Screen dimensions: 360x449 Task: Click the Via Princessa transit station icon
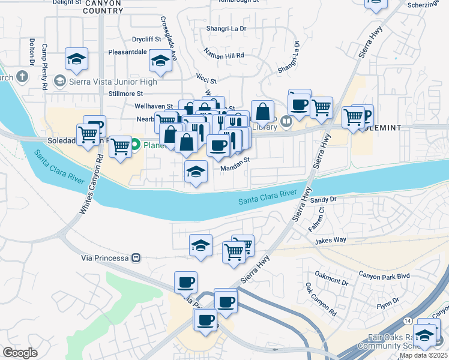click(136, 257)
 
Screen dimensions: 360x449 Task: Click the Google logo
click(20, 353)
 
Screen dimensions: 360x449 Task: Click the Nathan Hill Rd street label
click(223, 55)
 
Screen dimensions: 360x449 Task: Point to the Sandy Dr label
click(324, 199)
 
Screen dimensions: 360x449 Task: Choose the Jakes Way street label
click(331, 240)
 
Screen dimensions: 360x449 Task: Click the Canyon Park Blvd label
click(384, 275)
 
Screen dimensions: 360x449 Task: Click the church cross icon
click(22, 76)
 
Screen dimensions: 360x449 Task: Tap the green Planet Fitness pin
click(136, 144)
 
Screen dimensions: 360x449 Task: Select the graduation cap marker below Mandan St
click(196, 172)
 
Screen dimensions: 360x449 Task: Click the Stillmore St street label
click(123, 94)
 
